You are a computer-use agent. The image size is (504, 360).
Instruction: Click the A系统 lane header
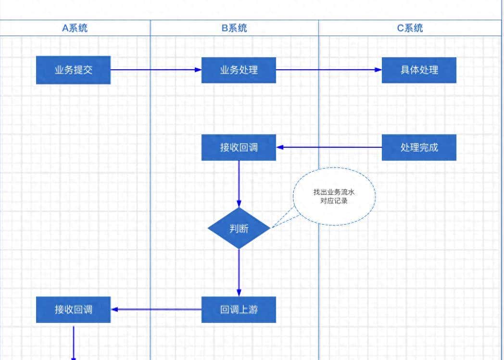pos(75,28)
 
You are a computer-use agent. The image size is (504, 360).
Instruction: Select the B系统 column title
pos(234,28)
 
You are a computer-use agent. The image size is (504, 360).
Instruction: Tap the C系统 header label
pos(410,28)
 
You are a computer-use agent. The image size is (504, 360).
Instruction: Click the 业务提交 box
pos(73,70)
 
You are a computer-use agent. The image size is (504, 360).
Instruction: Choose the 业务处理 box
pos(239,70)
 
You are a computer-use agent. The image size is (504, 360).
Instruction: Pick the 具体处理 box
pos(419,70)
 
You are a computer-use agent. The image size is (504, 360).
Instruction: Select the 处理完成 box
pos(419,147)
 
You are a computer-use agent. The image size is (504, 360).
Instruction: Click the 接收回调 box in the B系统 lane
pos(239,147)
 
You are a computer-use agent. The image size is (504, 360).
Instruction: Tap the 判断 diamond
pos(239,228)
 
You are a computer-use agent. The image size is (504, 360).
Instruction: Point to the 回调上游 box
pos(239,309)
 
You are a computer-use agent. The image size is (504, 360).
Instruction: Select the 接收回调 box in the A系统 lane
pos(73,309)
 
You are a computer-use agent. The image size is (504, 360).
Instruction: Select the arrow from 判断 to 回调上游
pos(239,272)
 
